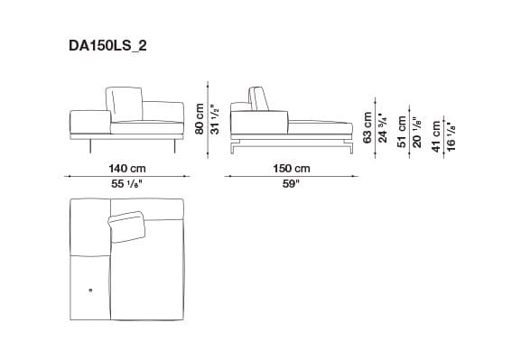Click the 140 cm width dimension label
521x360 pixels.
pyautogui.click(x=126, y=169)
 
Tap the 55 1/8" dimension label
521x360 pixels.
pyautogui.click(x=126, y=183)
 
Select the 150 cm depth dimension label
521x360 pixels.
pyautogui.click(x=291, y=169)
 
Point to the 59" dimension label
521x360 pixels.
pyautogui.click(x=291, y=183)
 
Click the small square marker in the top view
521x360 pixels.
pyautogui.click(x=90, y=290)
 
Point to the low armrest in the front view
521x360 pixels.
pyautogui.click(x=88, y=122)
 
